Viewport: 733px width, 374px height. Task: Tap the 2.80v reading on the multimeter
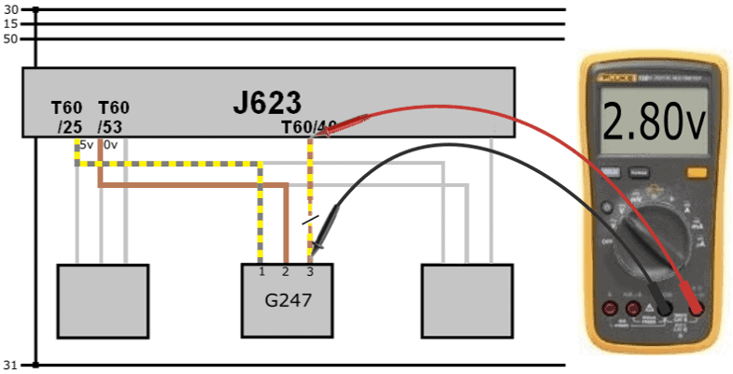point(651,122)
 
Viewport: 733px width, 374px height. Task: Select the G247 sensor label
point(285,301)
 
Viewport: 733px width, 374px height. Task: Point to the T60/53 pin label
point(113,117)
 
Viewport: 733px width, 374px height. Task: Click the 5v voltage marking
point(86,145)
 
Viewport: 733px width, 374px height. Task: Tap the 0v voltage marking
point(110,145)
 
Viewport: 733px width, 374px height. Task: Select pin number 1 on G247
point(262,271)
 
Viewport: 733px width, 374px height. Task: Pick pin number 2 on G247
point(286,271)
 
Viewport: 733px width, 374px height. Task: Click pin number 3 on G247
point(309,271)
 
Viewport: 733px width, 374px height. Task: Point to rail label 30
point(11,9)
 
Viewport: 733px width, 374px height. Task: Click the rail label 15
point(11,23)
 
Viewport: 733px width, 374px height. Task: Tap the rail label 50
point(11,38)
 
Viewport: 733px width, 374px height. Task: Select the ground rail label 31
point(11,364)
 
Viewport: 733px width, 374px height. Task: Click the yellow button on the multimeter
point(696,172)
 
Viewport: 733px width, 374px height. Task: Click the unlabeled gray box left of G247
point(103,300)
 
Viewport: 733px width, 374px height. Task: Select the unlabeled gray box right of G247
point(467,300)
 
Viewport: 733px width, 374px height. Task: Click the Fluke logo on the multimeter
point(607,67)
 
